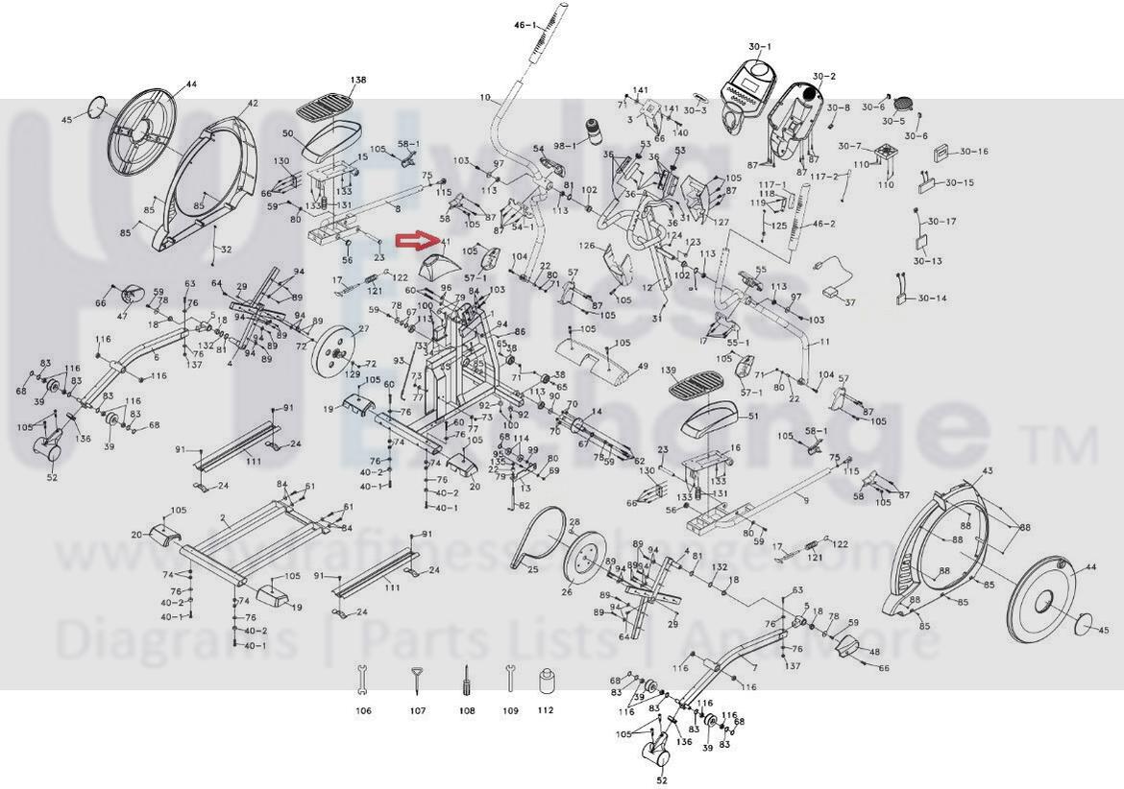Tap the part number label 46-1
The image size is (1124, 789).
tap(525, 24)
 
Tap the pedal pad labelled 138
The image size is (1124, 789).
tap(324, 102)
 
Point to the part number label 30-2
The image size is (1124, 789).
tap(823, 76)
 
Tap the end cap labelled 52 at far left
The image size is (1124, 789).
tap(50, 446)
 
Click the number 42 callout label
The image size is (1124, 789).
tap(253, 103)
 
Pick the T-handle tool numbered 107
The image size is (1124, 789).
tap(417, 679)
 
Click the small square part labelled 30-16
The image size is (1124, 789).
tap(941, 152)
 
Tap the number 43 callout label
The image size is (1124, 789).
tap(988, 470)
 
